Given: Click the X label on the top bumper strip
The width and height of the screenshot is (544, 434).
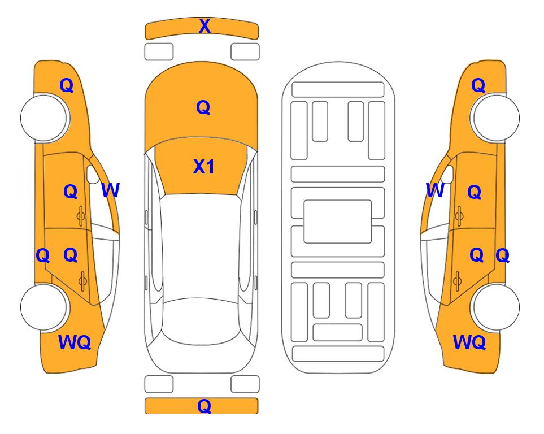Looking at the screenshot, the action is [x=204, y=26].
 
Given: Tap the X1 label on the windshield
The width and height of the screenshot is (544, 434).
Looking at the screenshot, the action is [x=204, y=167].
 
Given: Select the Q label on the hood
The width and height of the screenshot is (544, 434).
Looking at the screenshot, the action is [x=203, y=107].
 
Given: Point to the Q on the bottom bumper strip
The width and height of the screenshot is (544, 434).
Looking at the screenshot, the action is [x=204, y=406].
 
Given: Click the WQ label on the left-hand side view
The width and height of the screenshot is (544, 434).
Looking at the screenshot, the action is [x=75, y=342].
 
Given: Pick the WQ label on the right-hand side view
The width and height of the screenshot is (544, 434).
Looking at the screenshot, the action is [x=469, y=342].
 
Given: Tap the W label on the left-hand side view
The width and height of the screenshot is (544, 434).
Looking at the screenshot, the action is [x=110, y=190].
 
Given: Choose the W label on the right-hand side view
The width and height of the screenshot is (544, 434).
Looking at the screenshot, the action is [x=435, y=190].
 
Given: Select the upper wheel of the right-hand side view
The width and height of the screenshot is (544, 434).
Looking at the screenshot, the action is [x=496, y=118].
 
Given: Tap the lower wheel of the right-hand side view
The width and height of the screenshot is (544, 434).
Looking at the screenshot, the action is [x=496, y=307].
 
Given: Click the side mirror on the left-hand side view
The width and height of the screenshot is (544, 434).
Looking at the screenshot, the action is [x=93, y=175].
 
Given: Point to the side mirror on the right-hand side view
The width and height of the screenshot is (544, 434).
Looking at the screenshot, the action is [x=447, y=175].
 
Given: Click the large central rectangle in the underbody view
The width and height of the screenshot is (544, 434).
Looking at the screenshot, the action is [x=338, y=222].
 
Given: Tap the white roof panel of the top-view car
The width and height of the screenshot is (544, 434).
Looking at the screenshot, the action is [x=200, y=247].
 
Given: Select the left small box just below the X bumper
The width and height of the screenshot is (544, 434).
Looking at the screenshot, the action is [x=159, y=52].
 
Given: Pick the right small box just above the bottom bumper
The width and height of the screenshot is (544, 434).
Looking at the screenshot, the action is [x=245, y=384].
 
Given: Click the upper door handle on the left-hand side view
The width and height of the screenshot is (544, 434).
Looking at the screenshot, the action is [x=81, y=216].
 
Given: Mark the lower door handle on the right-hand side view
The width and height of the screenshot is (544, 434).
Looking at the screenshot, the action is [x=457, y=281].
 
